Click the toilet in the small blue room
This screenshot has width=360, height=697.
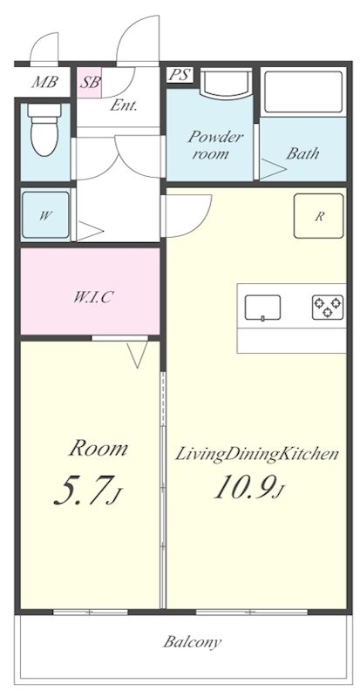coord(44,129)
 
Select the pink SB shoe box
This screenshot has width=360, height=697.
coord(89,83)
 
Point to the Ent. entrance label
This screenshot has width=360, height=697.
coord(123,105)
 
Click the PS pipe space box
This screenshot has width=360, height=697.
coord(180,75)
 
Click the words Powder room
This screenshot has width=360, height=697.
coord(210,145)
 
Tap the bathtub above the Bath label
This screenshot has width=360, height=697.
coord(303,93)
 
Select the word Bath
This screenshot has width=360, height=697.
coord(302,153)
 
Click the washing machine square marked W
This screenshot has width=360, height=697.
coord(45,215)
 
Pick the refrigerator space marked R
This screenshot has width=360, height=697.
coord(319,216)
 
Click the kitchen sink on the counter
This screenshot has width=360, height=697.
coord(262,308)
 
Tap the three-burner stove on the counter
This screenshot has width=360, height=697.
coord(328,308)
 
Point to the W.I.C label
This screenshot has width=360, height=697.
coord(92,297)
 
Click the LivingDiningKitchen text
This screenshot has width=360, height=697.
coord(257,454)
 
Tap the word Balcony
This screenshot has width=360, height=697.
coord(192,642)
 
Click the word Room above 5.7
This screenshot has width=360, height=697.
coord(98,449)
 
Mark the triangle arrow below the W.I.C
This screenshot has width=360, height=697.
coord(137,355)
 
